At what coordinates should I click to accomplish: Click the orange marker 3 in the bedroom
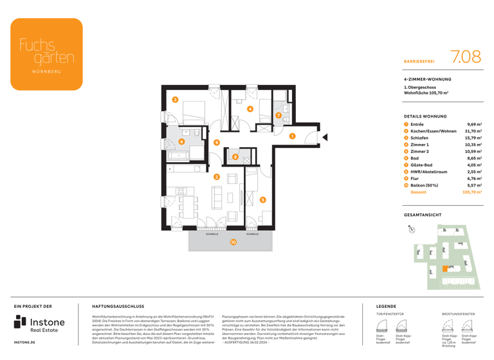[175, 100]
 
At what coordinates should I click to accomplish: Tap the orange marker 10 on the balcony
[233, 242]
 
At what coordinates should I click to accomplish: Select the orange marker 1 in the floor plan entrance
[291, 136]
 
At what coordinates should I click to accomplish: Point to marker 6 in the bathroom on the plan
[181, 142]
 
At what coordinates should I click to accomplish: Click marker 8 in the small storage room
[235, 157]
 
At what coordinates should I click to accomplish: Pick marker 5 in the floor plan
[262, 200]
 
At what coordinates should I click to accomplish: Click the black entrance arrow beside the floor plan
[325, 137]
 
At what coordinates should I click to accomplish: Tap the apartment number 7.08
[466, 57]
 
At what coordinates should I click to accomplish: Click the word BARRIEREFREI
[419, 61]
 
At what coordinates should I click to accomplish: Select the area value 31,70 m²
[473, 131]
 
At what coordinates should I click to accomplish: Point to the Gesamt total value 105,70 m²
[471, 192]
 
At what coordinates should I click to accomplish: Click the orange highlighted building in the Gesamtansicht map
[444, 269]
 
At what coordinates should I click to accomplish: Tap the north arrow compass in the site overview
[411, 229]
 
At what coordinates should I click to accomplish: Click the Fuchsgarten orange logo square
[46, 54]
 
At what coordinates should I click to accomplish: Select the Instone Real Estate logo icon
[21, 323]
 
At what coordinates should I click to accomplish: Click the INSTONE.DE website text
[25, 343]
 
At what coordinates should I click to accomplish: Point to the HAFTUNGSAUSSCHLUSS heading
[118, 307]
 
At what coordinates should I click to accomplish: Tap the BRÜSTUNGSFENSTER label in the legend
[458, 314]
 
